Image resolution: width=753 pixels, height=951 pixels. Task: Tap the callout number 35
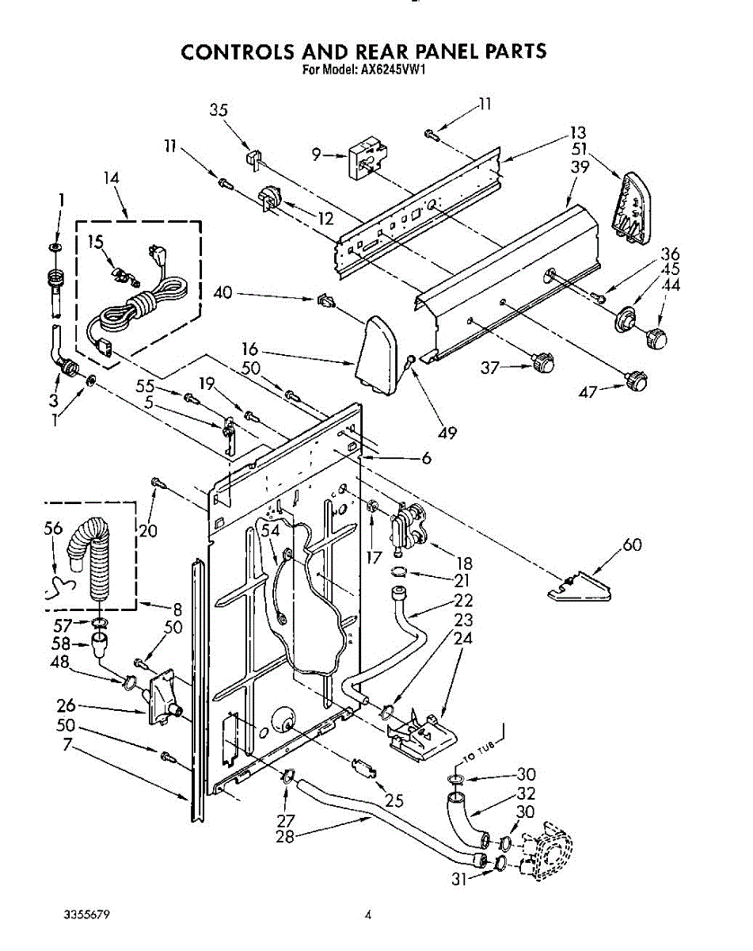point(219,110)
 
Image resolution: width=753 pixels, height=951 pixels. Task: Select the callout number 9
point(316,155)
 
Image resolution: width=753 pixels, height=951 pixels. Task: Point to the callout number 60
point(632,544)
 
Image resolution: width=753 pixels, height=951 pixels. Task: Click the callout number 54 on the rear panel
point(270,530)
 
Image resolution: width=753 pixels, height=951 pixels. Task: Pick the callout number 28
point(285,837)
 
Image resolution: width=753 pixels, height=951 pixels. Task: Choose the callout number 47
point(587,391)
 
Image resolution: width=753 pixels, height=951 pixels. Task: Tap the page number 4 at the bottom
point(367,914)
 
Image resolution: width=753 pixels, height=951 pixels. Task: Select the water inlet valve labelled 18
point(407,529)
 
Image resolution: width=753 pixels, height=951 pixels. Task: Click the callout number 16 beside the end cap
point(249,349)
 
